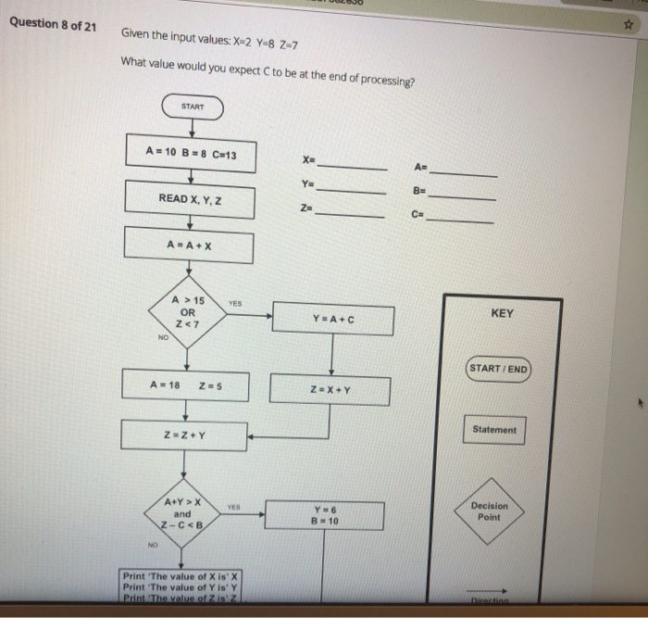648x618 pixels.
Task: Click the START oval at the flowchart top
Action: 193,107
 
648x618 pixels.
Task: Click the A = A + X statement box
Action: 190,246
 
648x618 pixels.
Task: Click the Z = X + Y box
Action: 330,389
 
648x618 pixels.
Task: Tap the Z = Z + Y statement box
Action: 185,435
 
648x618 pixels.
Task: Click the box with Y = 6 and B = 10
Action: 325,516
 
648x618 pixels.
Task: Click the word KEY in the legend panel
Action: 502,313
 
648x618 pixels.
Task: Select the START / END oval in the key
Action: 498,369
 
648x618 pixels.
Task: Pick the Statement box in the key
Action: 495,430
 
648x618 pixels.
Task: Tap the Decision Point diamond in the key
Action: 490,511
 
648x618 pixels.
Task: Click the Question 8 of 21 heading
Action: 53,25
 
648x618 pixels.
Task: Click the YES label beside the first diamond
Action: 235,299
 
